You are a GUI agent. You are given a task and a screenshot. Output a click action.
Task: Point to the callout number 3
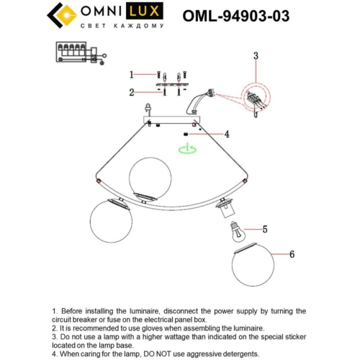255,55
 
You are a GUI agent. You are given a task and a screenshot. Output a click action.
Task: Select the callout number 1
132,74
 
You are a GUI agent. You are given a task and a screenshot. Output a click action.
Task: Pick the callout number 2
132,92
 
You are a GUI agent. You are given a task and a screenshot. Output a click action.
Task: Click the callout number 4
226,134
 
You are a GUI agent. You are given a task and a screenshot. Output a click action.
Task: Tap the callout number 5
264,230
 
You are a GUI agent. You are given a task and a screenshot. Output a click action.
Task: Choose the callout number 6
292,254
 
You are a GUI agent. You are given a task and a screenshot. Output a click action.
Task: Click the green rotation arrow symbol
186,149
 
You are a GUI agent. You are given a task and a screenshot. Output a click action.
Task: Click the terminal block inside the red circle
254,98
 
